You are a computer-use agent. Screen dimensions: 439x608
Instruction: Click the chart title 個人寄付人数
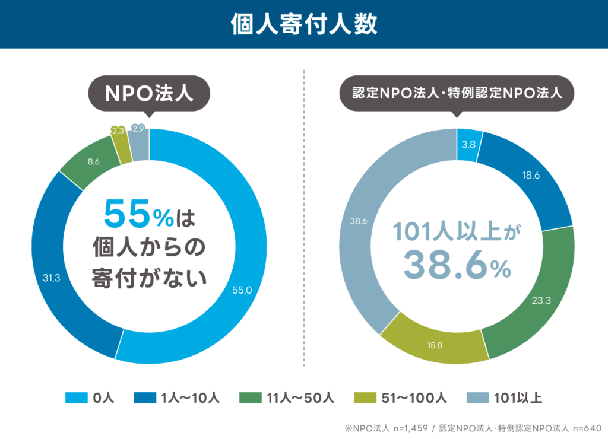[303, 24]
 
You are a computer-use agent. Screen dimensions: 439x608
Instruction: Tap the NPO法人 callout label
[149, 94]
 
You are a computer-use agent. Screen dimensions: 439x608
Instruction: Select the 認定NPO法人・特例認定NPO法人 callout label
[457, 94]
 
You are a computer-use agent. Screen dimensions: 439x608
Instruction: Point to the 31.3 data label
[50, 278]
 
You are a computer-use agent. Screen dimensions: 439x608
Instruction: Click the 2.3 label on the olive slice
[118, 131]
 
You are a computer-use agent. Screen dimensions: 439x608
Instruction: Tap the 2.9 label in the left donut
[138, 128]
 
